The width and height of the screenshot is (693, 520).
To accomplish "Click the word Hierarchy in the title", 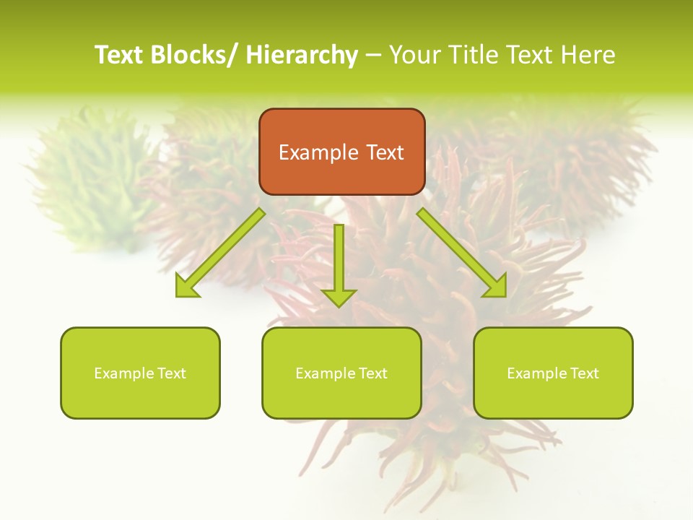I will pos(302,55).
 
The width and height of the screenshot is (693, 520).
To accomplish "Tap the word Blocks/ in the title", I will pos(194,55).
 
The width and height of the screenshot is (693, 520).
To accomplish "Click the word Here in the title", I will pos(588,55).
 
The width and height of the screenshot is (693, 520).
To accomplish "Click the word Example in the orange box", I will pos(318,152).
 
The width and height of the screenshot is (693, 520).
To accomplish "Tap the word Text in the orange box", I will pos(384,152).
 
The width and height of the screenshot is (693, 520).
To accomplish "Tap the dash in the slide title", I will pos(373,56).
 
